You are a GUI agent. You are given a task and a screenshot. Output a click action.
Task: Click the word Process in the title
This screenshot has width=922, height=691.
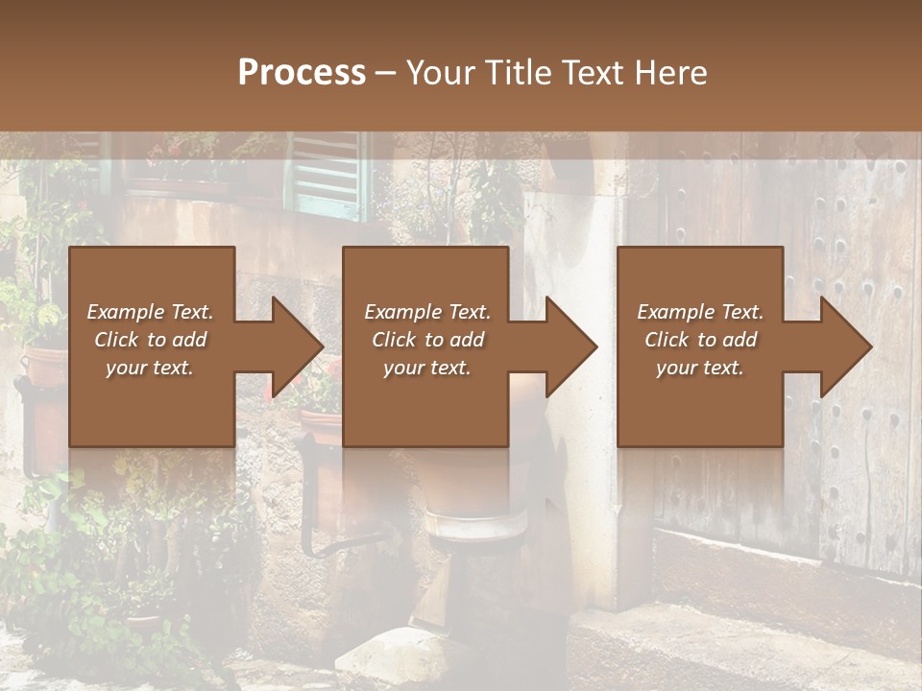[x=302, y=72]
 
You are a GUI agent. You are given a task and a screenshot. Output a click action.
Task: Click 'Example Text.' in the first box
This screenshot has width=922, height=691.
[x=150, y=312]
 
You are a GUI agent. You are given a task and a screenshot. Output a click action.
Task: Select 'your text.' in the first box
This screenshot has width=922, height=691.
[x=150, y=368]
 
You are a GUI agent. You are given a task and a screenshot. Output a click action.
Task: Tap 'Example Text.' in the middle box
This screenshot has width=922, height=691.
[x=427, y=312]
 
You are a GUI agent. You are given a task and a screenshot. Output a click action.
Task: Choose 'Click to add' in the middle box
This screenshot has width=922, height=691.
[x=427, y=340]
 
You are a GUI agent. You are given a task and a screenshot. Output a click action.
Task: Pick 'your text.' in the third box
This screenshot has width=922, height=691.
[x=700, y=368]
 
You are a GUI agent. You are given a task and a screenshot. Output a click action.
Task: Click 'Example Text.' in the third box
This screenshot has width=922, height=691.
[x=700, y=312]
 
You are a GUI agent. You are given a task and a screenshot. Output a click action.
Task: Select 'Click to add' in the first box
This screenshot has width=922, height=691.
[x=150, y=340]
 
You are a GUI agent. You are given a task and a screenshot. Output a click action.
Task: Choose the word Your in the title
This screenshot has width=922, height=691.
[x=442, y=72]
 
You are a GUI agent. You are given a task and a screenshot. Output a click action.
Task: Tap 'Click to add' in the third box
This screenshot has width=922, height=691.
[x=700, y=340]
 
